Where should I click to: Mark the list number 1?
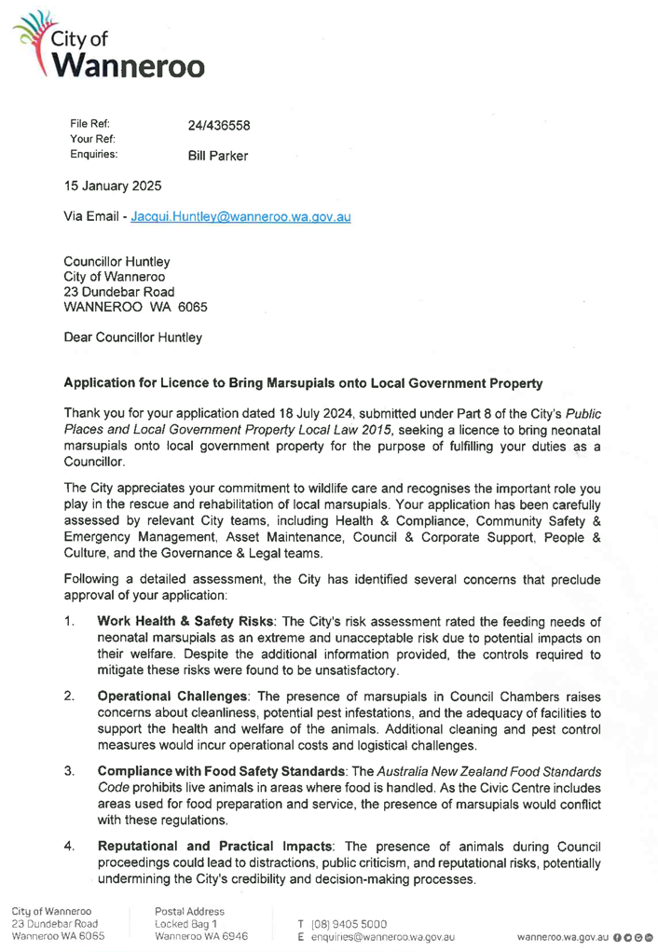pyautogui.click(x=69, y=621)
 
